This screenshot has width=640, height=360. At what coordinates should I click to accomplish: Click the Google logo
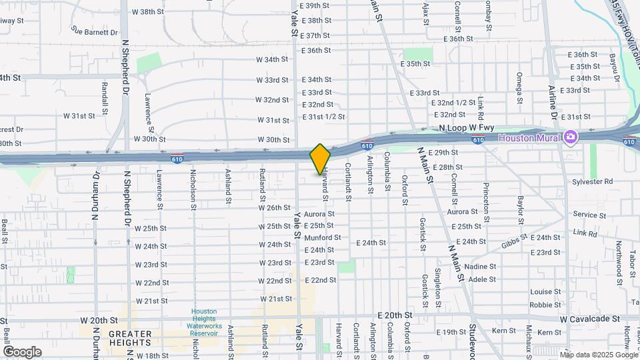pyautogui.click(x=22, y=352)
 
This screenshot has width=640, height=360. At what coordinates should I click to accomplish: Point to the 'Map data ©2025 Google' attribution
pyautogui.click(x=599, y=354)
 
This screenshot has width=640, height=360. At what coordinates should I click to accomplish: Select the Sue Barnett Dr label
pyautogui.click(x=95, y=31)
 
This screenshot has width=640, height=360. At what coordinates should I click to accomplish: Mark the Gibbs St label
pyautogui.click(x=514, y=240)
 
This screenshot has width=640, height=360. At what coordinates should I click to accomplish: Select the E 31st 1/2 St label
pyautogui.click(x=323, y=117)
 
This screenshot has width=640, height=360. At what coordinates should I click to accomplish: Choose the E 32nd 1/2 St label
pyautogui.click(x=457, y=103)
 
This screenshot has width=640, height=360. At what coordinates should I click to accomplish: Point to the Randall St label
pyautogui.click(x=105, y=97)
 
